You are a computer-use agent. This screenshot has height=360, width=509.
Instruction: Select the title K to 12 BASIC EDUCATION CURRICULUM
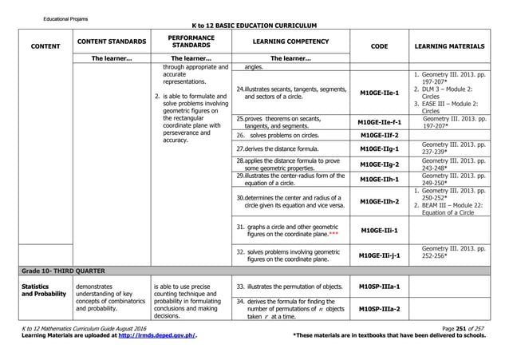point(254,26)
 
